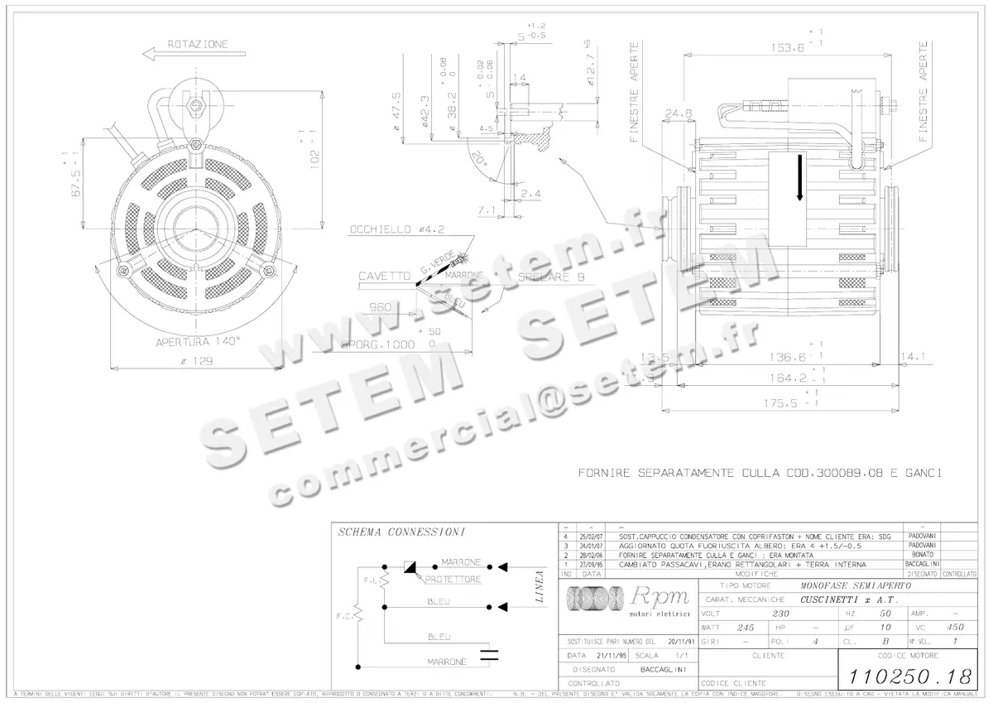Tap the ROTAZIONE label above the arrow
click(x=198, y=44)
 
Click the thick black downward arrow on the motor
click(x=799, y=181)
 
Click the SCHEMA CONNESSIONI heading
click(x=401, y=532)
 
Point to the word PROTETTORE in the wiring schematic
click(x=453, y=580)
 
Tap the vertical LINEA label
click(x=540, y=586)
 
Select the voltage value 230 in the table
click(x=780, y=614)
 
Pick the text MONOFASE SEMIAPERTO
click(x=855, y=585)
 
